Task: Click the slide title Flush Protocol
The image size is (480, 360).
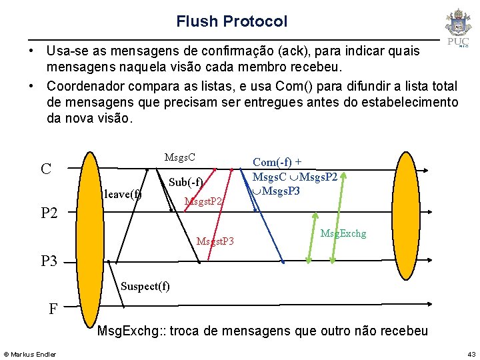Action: click(231, 21)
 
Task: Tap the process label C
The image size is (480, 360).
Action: click(46, 169)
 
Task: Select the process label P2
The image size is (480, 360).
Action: click(50, 213)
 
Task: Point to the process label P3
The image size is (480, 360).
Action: click(49, 261)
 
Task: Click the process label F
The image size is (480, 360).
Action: click(53, 309)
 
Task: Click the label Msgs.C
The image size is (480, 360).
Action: click(179, 157)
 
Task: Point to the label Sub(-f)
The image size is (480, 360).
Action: click(186, 182)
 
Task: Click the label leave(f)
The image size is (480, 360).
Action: click(123, 195)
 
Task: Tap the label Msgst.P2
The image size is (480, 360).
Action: click(203, 201)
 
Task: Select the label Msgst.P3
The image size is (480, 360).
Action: click(215, 240)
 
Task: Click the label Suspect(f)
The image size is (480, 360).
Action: click(145, 286)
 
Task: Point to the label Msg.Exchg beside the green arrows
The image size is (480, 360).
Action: click(343, 233)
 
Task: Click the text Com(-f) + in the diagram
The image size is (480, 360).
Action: click(277, 162)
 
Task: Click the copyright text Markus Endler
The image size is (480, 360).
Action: click(30, 353)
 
